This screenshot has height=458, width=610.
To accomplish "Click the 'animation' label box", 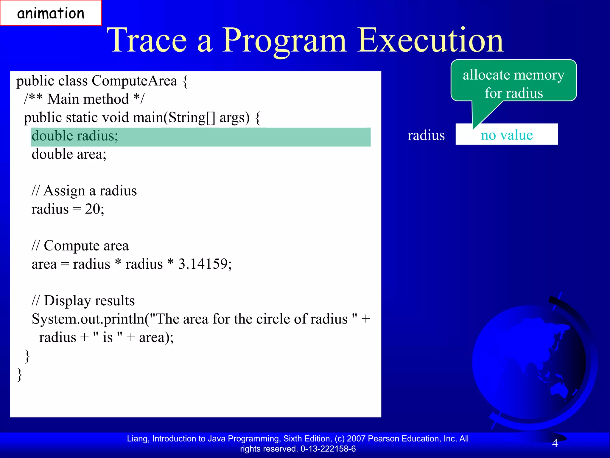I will coord(51,13).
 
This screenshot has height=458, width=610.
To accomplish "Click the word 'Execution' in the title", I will coord(430,40).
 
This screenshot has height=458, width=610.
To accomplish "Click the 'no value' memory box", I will coord(507,135).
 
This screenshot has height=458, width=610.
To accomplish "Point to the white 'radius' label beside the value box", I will coord(426,135).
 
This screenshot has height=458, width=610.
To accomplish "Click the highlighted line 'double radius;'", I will coord(75,136).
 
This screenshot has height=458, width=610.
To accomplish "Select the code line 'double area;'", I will coord(69,154).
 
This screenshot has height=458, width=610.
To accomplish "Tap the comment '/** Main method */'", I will coord(84,99).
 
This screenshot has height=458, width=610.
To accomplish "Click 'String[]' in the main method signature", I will coord(192,117).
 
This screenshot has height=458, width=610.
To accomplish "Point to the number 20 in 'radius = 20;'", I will coord(92,209).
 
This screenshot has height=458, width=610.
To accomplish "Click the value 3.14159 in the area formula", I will coord(203,264).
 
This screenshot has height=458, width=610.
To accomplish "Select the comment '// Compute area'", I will coord(80,246).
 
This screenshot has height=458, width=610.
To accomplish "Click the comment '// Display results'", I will coord(83,301).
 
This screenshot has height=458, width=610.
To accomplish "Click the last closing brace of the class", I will coord(20,374).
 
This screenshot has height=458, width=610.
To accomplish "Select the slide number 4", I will coord(555,443).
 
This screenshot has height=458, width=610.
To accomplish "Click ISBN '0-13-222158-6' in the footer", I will coord(328,449).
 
